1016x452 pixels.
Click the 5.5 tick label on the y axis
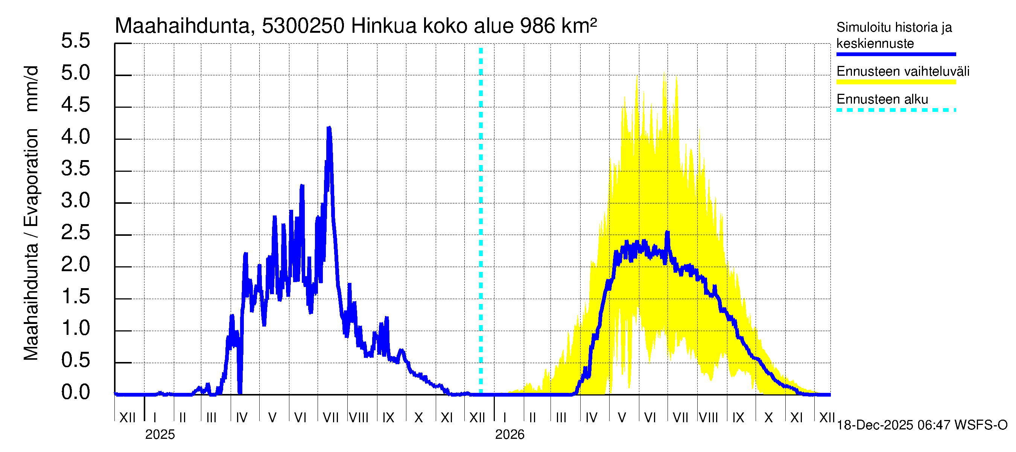(x=75, y=41)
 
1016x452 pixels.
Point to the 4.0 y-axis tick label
(x=75, y=137)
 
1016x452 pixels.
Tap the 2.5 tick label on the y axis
(x=75, y=233)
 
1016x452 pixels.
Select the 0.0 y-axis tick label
(x=75, y=392)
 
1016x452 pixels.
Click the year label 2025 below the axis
(x=160, y=435)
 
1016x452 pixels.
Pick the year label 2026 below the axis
(x=510, y=435)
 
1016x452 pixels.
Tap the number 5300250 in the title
(x=303, y=26)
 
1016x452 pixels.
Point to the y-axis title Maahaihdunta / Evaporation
(x=31, y=245)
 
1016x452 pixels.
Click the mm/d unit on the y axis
(x=31, y=89)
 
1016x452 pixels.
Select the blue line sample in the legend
(x=896, y=54)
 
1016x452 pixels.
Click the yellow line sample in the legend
(x=896, y=82)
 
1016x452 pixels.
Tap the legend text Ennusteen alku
(x=882, y=99)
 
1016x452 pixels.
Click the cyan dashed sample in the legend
(x=896, y=110)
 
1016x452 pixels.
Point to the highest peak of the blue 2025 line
(x=329, y=128)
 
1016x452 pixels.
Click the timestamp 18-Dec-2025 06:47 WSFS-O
(x=922, y=425)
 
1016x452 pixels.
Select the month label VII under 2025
(x=330, y=417)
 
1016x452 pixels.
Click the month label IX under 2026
(x=738, y=417)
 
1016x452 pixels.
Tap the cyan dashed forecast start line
(x=481, y=221)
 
